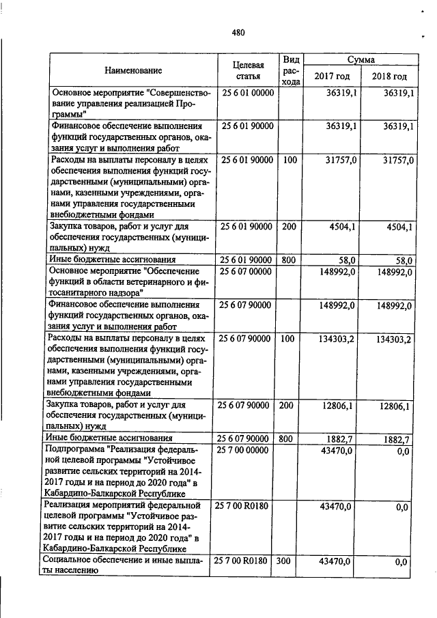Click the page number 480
(x=238, y=32)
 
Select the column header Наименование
(x=133, y=70)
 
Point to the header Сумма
(x=361, y=60)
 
